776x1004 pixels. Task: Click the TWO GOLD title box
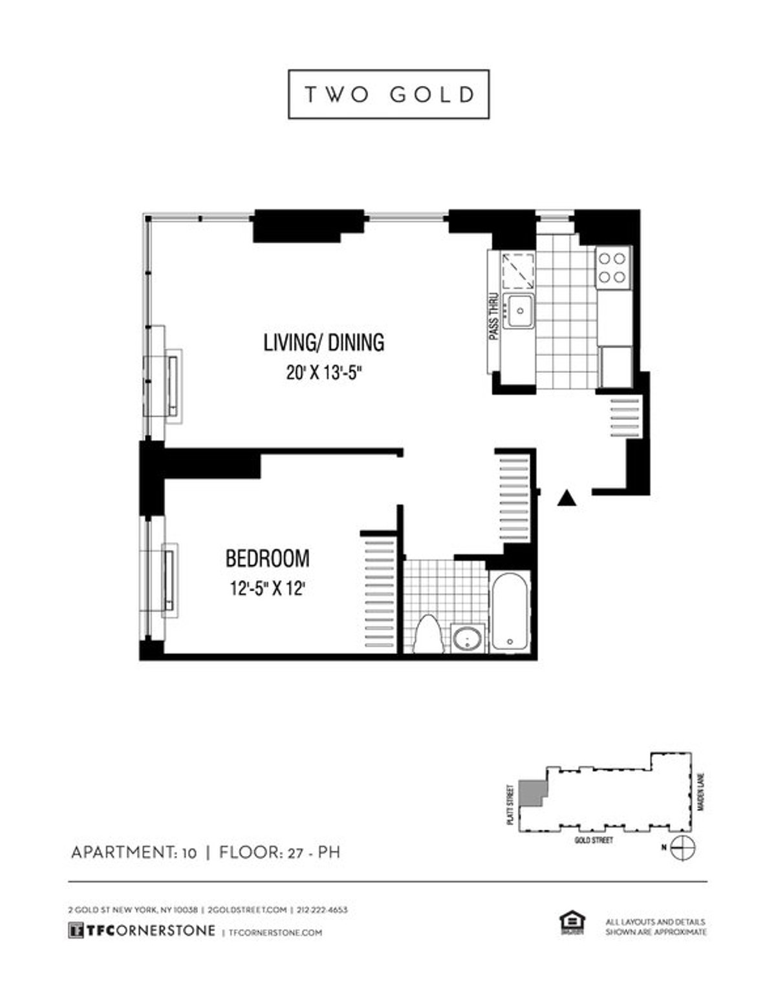point(388,94)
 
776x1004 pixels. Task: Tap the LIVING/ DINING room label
point(323,342)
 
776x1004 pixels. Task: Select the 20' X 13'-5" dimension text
point(323,373)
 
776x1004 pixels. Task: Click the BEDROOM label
point(267,558)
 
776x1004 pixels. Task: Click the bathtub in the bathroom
point(510,611)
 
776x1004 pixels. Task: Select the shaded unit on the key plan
point(534,792)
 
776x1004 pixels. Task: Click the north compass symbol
point(683,847)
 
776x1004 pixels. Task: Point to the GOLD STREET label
point(593,841)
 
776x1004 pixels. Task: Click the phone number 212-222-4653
point(323,910)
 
